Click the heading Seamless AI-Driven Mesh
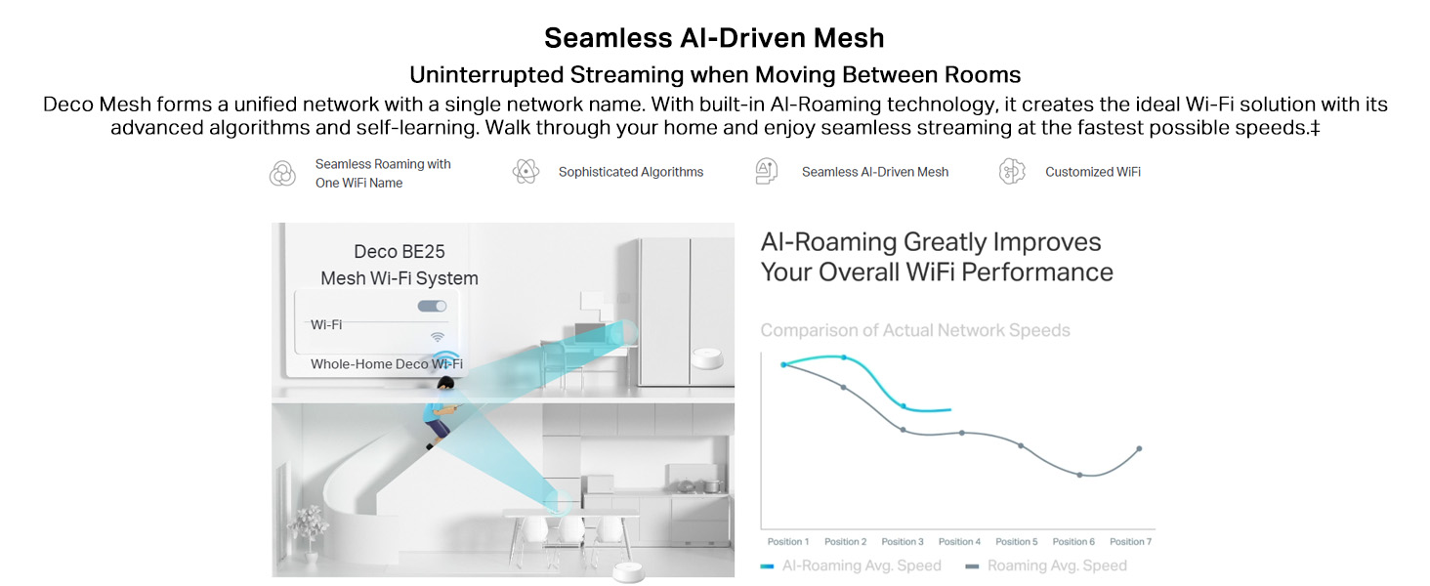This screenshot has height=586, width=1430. tap(714, 38)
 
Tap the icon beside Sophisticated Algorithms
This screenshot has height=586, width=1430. tap(526, 172)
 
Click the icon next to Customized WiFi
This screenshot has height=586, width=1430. tap(1012, 172)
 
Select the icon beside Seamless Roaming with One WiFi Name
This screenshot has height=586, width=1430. tap(282, 173)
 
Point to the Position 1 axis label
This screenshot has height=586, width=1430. tap(788, 541)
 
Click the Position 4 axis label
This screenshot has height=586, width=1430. tap(959, 541)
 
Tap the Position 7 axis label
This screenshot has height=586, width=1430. tap(1130, 541)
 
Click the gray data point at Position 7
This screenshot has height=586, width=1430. tap(1139, 448)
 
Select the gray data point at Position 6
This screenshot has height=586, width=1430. tap(1079, 475)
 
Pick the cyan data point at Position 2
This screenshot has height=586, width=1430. tap(844, 357)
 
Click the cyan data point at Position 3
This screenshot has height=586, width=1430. tap(904, 406)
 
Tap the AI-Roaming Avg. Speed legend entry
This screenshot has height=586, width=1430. tap(851, 565)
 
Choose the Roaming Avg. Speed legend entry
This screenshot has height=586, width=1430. tap(1046, 565)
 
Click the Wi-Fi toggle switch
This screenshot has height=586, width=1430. tap(432, 307)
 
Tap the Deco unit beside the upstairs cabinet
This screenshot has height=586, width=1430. tap(708, 358)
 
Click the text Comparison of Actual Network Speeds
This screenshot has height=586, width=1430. tap(915, 330)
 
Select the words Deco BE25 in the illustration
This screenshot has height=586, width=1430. tap(399, 252)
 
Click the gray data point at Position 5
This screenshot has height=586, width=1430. tap(1021, 445)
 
